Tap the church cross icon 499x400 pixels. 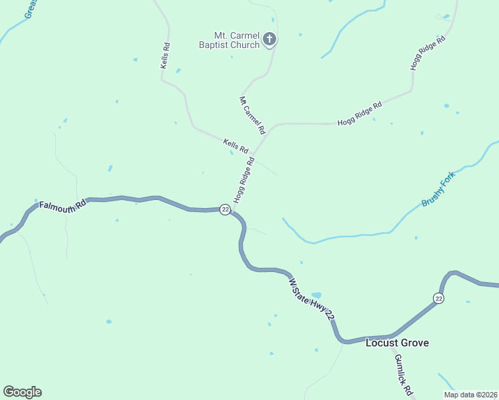270,39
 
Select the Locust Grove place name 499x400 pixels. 397,343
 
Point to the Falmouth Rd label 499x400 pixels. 62,205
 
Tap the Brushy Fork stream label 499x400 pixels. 438,191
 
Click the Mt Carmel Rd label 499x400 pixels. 252,114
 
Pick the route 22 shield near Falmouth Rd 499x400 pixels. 225,209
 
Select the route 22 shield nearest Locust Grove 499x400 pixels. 438,298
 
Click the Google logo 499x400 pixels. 22,392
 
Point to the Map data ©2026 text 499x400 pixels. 470,395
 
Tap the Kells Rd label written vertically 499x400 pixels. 165,56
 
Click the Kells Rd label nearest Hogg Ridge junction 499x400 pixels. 235,145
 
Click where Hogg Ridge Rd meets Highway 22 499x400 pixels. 231,209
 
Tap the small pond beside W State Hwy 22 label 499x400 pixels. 316,295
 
